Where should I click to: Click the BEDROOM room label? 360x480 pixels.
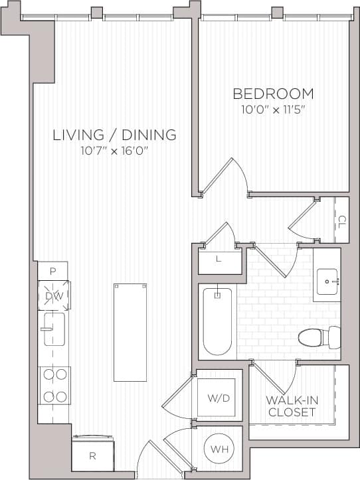pyautogui.click(x=272, y=94)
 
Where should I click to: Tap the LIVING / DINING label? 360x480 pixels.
pyautogui.click(x=115, y=135)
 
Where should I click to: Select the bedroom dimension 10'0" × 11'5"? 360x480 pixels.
pyautogui.click(x=272, y=108)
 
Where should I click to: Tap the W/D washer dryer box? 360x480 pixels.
pyautogui.click(x=219, y=399)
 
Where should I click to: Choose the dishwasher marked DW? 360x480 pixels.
pyautogui.click(x=54, y=296)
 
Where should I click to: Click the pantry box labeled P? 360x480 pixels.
pyautogui.click(x=52, y=270)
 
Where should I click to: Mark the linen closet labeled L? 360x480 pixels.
pyautogui.click(x=219, y=260)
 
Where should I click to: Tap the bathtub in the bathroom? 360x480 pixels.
pyautogui.click(x=217, y=321)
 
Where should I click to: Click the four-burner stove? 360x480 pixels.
pyautogui.click(x=54, y=386)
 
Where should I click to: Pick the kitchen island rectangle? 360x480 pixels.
pyautogui.click(x=130, y=332)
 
